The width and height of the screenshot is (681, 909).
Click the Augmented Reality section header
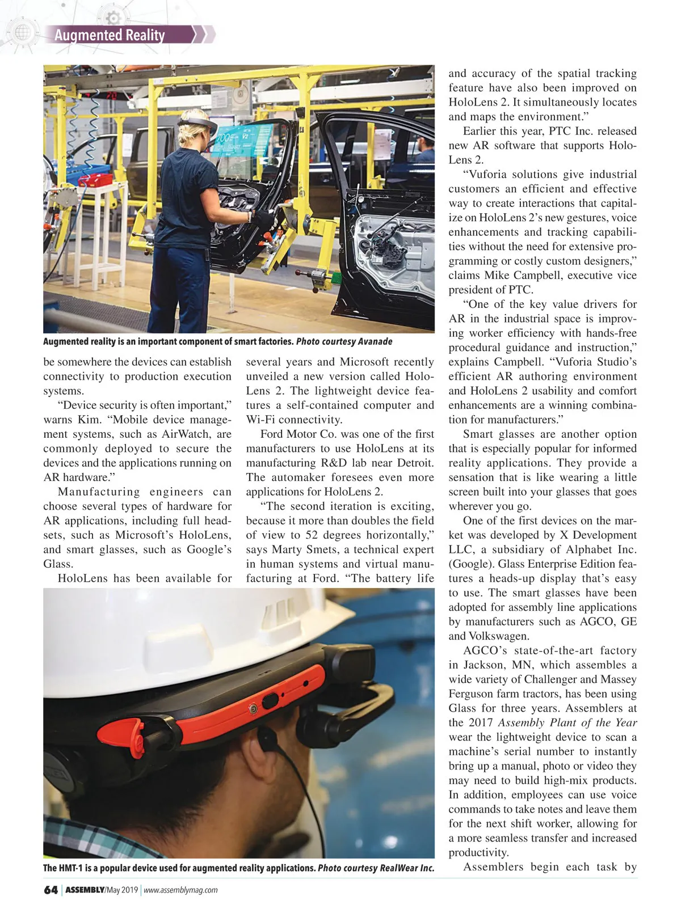coord(110,35)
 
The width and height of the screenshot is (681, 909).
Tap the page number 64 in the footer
coord(51,890)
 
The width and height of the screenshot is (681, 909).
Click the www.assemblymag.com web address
coord(180,890)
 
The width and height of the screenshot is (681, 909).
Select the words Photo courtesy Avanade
coord(344,341)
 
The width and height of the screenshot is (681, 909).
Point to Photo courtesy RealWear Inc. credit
coord(376,868)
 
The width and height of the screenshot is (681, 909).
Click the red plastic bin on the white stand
coord(96,180)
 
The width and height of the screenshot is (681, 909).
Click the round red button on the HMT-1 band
coord(254,708)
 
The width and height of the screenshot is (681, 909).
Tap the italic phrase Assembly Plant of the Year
coord(567,723)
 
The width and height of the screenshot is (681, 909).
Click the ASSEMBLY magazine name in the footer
coord(85,890)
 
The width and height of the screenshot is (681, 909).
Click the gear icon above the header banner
coord(113,18)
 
